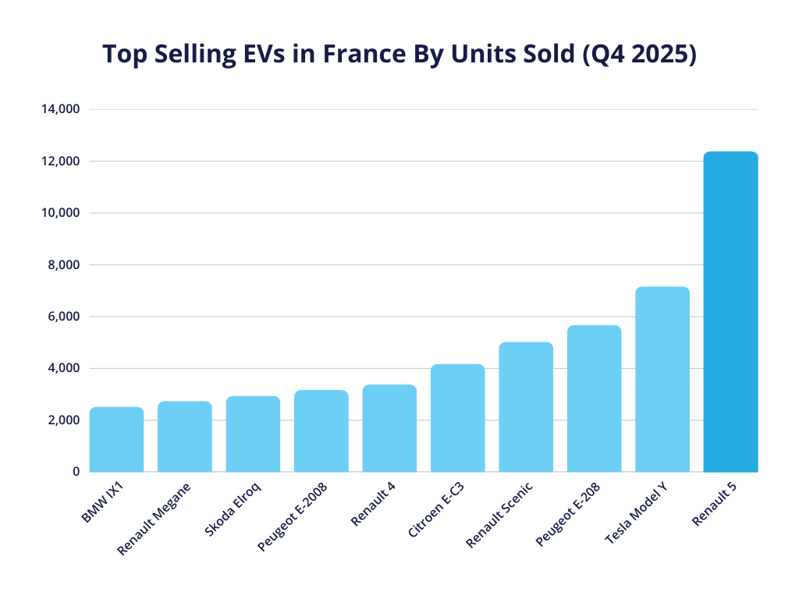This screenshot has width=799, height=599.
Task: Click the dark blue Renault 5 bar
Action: [x=730, y=312]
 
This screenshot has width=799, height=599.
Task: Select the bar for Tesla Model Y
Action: [x=662, y=380]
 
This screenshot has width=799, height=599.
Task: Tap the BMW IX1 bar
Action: [x=116, y=440]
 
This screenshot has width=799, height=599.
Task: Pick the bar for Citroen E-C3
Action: [x=457, y=418]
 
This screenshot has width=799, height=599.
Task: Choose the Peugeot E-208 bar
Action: [x=594, y=399]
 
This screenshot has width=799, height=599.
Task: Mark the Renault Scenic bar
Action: [x=526, y=407]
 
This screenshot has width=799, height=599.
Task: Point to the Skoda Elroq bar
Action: [x=253, y=434]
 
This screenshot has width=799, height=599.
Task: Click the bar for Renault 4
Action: [x=389, y=428]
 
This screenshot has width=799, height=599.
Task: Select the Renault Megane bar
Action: [x=184, y=437]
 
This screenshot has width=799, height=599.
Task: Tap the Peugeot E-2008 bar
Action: [x=321, y=431]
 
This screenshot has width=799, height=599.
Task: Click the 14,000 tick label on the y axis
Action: [x=60, y=109]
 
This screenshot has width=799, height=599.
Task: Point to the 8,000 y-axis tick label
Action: [x=63, y=265]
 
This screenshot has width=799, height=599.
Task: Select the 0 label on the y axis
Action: [x=76, y=472]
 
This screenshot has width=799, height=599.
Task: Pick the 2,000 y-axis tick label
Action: [x=63, y=420]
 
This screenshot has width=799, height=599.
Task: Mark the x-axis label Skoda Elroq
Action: [x=233, y=509]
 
